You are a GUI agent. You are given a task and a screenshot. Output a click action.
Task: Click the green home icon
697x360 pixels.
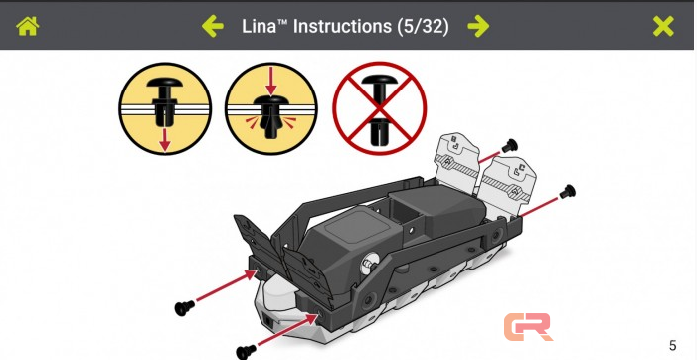(28, 26)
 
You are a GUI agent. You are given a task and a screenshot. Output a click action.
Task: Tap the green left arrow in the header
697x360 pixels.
(213, 26)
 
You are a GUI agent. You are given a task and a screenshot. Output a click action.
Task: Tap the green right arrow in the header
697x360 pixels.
(478, 26)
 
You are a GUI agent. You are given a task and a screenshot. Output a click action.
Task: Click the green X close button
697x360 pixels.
(663, 26)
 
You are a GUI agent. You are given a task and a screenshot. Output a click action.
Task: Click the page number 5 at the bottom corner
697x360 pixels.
(672, 345)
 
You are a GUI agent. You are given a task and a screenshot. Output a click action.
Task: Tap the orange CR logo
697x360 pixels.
(528, 327)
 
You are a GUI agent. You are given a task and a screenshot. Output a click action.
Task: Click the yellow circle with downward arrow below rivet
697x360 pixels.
(165, 108)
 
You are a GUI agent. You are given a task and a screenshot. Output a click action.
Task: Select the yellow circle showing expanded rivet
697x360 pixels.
(270, 108)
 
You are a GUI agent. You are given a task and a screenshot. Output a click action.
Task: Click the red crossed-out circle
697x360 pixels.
(379, 108)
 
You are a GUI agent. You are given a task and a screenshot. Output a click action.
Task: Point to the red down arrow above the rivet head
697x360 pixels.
(270, 82)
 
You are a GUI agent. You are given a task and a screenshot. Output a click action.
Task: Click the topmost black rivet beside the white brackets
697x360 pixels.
(510, 145)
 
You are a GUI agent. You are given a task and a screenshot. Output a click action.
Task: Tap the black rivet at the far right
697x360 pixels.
(568, 192)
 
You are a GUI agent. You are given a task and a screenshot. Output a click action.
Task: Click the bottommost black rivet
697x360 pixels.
(246, 352)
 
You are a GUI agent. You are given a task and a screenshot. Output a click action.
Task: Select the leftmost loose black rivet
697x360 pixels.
(185, 307)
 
